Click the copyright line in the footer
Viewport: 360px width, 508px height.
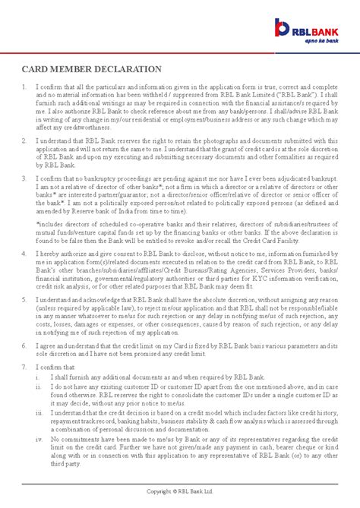tap(180, 502)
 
